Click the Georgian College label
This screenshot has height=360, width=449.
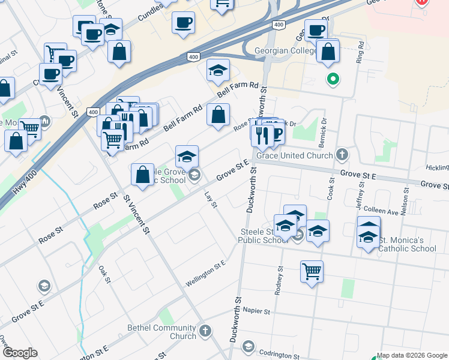pyautogui.click(x=286, y=52)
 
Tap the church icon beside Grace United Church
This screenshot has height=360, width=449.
pyautogui.click(x=342, y=155)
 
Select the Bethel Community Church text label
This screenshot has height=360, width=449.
pyautogui.click(x=162, y=332)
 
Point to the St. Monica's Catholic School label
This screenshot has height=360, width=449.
pyautogui.click(x=408, y=245)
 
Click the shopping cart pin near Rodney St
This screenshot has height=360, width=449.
pyautogui.click(x=312, y=272)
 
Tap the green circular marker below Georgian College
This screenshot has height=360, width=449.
pyautogui.click(x=332, y=79)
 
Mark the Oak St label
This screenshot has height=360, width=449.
pyautogui.click(x=104, y=273)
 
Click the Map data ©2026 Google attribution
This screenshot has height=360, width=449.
pyautogui.click(x=412, y=355)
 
